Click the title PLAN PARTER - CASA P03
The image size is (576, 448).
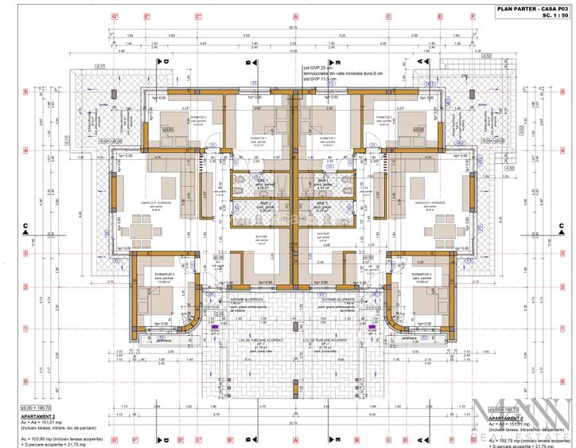tap(526, 7)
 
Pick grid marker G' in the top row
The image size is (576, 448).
tap(115, 16)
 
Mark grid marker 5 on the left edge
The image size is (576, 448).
tap(26, 92)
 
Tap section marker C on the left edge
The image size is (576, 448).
tap(26, 227)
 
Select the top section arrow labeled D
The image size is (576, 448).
tap(167, 62)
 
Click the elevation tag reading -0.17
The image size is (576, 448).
tap(100, 66)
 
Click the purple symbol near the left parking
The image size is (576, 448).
tap(213, 325)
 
